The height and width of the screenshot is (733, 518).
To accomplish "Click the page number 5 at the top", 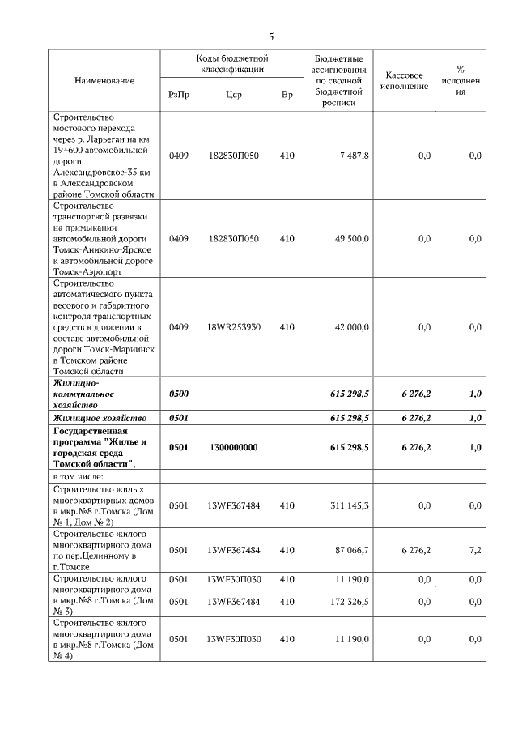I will click(x=271, y=36).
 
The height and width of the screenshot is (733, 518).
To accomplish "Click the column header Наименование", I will click(x=104, y=81).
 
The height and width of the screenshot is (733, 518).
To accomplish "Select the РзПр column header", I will click(x=179, y=95).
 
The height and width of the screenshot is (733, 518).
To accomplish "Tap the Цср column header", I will click(x=233, y=95).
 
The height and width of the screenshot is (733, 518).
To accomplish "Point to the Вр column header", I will click(x=287, y=95).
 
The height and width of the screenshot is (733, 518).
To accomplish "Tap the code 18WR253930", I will click(x=233, y=327).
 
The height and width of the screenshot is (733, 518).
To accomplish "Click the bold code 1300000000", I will click(x=233, y=447).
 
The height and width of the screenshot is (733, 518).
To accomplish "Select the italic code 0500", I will click(x=179, y=393).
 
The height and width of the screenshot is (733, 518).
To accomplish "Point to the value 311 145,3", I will click(x=350, y=505).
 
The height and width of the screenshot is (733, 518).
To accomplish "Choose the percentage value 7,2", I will click(x=475, y=550).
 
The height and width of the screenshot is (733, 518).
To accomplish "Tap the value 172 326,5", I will click(x=350, y=602).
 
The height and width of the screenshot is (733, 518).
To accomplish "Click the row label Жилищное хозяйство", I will click(x=99, y=418).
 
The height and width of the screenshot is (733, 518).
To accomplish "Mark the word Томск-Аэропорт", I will click(x=87, y=272).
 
